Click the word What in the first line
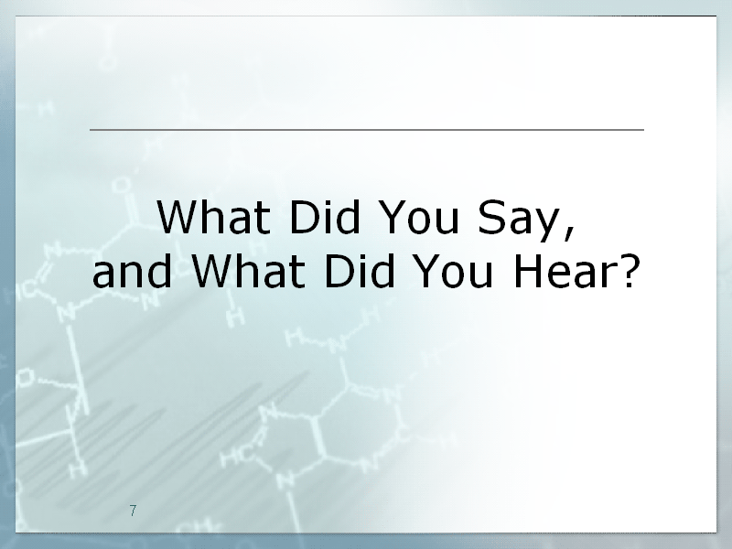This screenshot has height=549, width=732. [213, 217]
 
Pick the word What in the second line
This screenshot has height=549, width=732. [248, 271]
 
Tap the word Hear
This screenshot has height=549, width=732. [565, 271]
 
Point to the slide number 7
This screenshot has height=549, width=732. [133, 511]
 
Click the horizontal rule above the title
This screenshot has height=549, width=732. [367, 129]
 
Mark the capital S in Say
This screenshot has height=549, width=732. [491, 217]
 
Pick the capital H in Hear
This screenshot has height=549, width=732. [528, 271]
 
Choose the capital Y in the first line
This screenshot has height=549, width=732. [393, 217]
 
